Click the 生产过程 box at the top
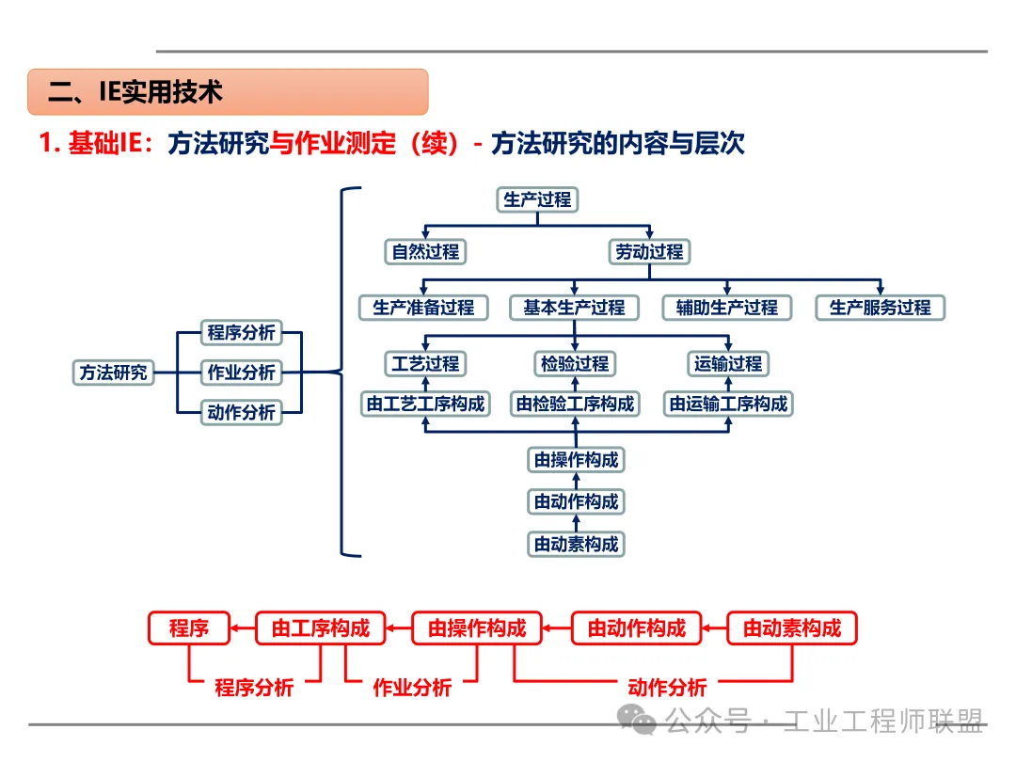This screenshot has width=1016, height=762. tap(536, 199)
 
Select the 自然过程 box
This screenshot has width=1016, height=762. tap(425, 252)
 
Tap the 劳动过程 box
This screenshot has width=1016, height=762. tap(649, 252)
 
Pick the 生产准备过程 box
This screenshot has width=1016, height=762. tap(423, 308)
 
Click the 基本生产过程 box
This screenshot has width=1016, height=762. tap(574, 308)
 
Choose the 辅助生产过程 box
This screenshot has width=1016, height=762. tap(727, 308)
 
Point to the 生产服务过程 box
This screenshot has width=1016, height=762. tap(880, 308)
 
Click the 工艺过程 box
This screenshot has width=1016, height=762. tap(425, 364)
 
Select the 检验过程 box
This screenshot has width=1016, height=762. tap(574, 364)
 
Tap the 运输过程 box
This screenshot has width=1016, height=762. tap(727, 364)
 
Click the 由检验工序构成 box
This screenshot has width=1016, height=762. tap(574, 405)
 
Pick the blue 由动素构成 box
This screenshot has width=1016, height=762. tap(576, 544)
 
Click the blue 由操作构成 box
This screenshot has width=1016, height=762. tap(576, 460)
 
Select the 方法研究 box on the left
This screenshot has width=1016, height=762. tap(112, 373)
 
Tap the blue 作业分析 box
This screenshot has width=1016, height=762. tap(241, 373)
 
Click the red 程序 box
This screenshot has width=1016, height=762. tap(188, 628)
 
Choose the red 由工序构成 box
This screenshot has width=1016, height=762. tap(320, 628)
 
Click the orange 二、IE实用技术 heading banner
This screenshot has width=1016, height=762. tap(228, 92)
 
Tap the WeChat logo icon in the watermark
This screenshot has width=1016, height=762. tap(643, 721)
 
